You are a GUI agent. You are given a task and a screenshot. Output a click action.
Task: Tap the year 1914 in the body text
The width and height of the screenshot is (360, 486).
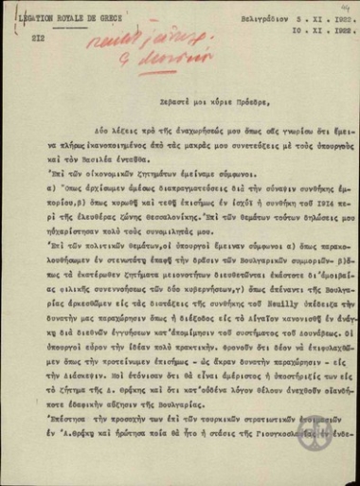(288, 225)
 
